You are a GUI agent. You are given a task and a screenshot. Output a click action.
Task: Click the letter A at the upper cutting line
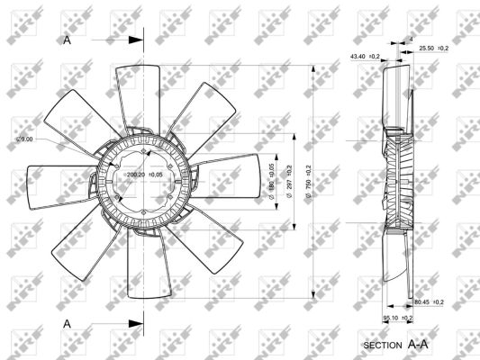67,40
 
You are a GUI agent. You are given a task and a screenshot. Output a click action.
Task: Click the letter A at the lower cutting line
67,321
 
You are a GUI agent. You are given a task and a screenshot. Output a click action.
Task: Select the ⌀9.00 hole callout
25,139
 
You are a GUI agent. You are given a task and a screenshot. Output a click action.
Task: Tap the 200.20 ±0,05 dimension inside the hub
144,175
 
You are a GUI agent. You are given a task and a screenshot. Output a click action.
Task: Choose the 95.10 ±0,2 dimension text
398,318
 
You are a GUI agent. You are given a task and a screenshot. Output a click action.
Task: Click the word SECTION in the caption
383,346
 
